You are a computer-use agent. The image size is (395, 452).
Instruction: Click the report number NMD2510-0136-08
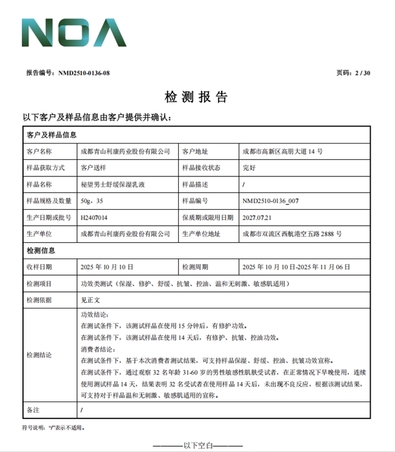84,73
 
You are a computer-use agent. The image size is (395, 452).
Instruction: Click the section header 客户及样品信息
51,134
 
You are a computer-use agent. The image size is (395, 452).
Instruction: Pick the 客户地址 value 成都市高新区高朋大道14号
282,151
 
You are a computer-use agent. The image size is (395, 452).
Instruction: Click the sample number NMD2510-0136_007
270,201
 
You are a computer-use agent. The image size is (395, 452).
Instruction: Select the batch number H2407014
94,217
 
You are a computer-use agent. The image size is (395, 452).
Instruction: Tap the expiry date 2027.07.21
256,217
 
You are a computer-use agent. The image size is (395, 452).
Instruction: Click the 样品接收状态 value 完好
249,168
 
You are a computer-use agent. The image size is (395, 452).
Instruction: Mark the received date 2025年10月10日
107,267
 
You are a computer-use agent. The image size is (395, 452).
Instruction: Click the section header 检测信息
41,250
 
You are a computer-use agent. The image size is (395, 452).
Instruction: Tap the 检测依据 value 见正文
91,300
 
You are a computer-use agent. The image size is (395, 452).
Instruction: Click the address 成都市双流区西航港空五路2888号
292,234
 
